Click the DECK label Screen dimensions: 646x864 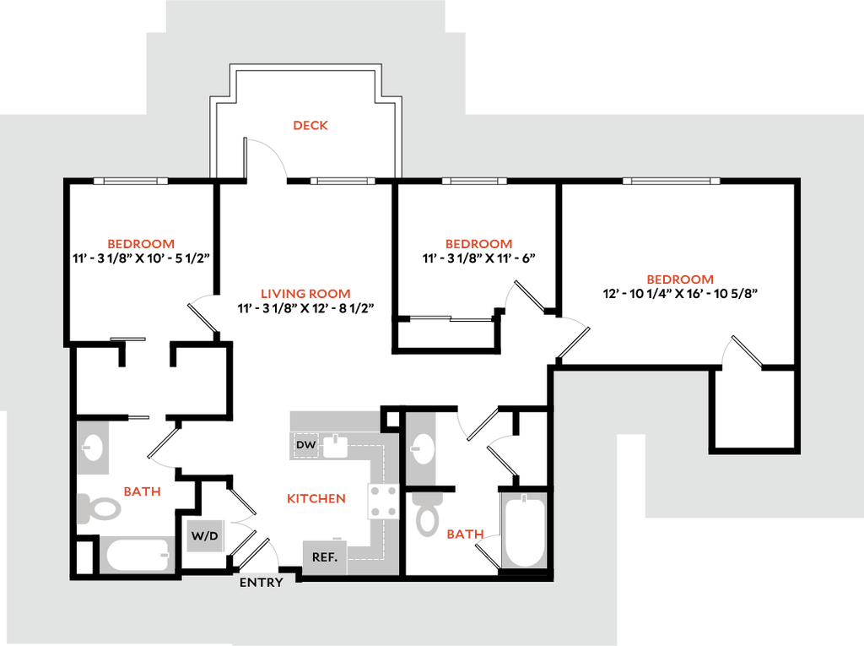310,126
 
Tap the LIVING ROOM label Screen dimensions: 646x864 305,294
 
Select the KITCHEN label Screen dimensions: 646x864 317,499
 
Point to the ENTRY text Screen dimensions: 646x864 262,583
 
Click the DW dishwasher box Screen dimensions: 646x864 305,445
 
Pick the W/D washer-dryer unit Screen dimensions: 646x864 205,536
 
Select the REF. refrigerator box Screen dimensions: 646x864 325,557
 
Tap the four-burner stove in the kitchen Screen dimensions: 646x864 382,501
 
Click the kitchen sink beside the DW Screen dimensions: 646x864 336,445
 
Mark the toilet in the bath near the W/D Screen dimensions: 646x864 100,508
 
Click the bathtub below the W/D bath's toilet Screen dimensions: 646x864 138,555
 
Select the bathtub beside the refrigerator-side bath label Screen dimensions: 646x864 524,530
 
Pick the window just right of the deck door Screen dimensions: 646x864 342,181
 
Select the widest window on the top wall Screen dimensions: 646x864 672,181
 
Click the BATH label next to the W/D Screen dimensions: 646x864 143,491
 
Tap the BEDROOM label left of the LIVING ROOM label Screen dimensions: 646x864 142,245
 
